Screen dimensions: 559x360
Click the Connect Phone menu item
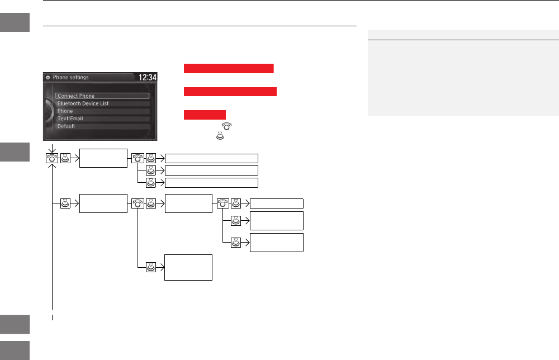click(102, 96)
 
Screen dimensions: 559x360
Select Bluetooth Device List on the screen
click(102, 103)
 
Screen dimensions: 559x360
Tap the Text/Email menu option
click(102, 119)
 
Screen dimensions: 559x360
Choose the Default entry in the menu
click(102, 126)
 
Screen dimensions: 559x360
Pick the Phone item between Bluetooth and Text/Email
click(102, 111)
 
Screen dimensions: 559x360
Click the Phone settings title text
click(70, 78)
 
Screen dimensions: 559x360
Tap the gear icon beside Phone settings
click(48, 78)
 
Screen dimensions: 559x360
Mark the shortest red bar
click(205, 115)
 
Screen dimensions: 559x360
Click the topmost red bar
click(229, 68)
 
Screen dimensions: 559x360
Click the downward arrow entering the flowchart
click(51, 148)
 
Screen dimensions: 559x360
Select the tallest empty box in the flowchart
click(188, 267)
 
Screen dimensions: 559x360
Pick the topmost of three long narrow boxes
click(212, 158)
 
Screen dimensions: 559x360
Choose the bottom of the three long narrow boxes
click(212, 182)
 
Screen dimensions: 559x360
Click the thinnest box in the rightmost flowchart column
click(276, 203)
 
